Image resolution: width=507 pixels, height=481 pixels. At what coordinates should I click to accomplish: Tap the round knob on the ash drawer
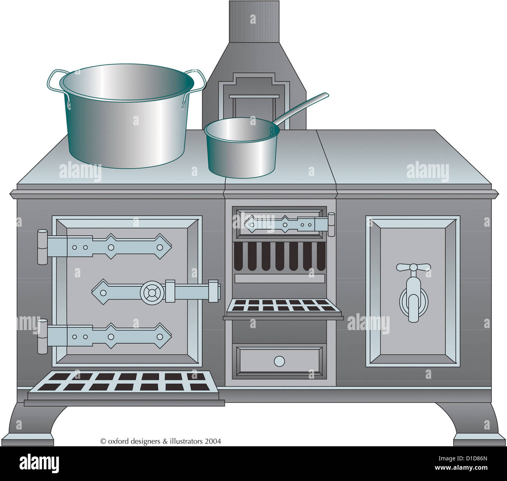pyautogui.click(x=279, y=361)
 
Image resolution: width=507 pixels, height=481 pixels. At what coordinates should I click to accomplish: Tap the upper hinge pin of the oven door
pyautogui.click(x=42, y=247)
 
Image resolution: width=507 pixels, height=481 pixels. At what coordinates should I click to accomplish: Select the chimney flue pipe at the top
pyautogui.click(x=254, y=21)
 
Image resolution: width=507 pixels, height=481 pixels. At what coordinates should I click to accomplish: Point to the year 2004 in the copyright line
pyautogui.click(x=213, y=441)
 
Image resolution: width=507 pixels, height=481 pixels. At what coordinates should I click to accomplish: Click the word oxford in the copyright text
pyautogui.click(x=118, y=441)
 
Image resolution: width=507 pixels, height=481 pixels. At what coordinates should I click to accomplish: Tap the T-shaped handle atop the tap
pyautogui.click(x=413, y=268)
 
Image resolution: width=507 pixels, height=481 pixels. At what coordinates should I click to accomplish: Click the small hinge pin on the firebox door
pyautogui.click(x=331, y=225)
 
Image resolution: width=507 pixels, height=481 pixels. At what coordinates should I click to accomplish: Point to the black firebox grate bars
pyautogui.click(x=279, y=256)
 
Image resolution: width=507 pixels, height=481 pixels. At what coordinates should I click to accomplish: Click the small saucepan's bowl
pyautogui.click(x=241, y=150)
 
